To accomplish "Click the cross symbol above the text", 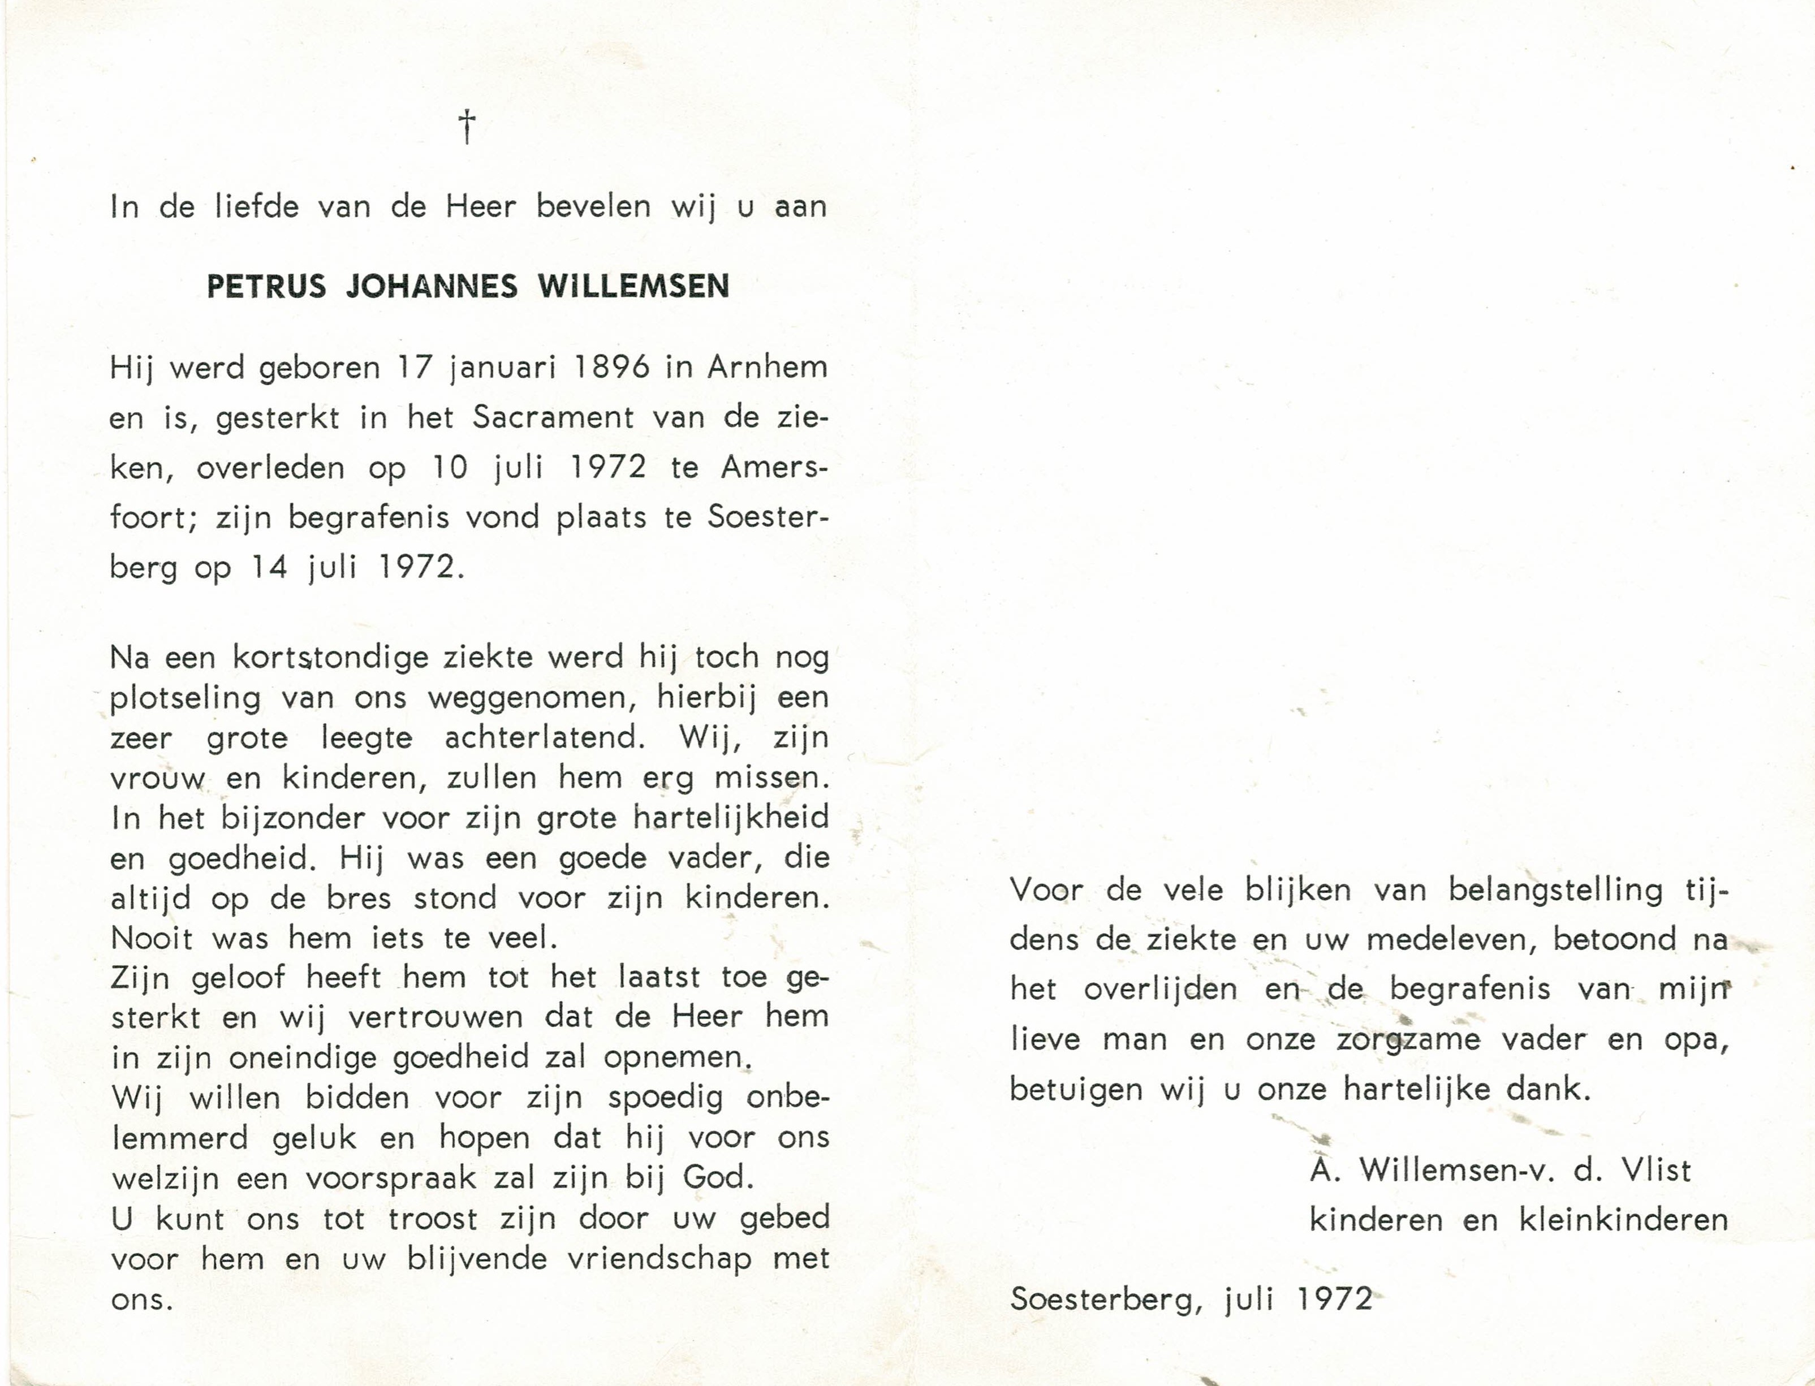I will [x=467, y=127].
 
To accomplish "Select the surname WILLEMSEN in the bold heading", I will [x=633, y=286].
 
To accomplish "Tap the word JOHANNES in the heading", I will [x=432, y=286].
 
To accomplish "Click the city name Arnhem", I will [x=768, y=367].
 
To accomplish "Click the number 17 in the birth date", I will [x=415, y=367].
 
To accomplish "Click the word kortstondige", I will [x=331, y=658].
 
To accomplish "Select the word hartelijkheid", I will [x=730, y=818].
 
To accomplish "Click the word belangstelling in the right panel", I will [x=1556, y=891].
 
